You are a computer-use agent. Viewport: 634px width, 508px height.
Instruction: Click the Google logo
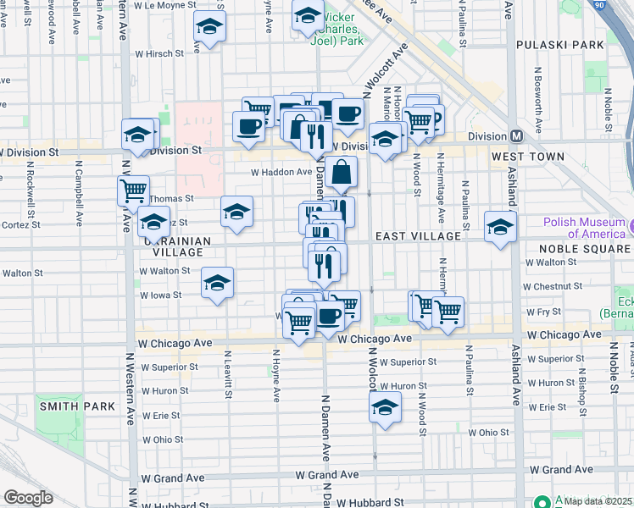coord(29,498)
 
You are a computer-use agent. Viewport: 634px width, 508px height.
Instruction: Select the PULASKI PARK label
coord(553,43)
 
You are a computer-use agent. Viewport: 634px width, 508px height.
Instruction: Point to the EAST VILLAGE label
coord(418,236)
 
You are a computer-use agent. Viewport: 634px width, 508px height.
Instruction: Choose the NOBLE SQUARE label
coord(586,249)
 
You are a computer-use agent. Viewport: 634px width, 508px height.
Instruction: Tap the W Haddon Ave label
coord(281,172)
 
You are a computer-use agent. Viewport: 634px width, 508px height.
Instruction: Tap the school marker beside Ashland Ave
coord(500,226)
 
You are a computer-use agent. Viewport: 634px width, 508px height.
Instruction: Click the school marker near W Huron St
coord(385,407)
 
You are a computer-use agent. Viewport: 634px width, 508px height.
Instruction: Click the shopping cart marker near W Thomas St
coord(133,190)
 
